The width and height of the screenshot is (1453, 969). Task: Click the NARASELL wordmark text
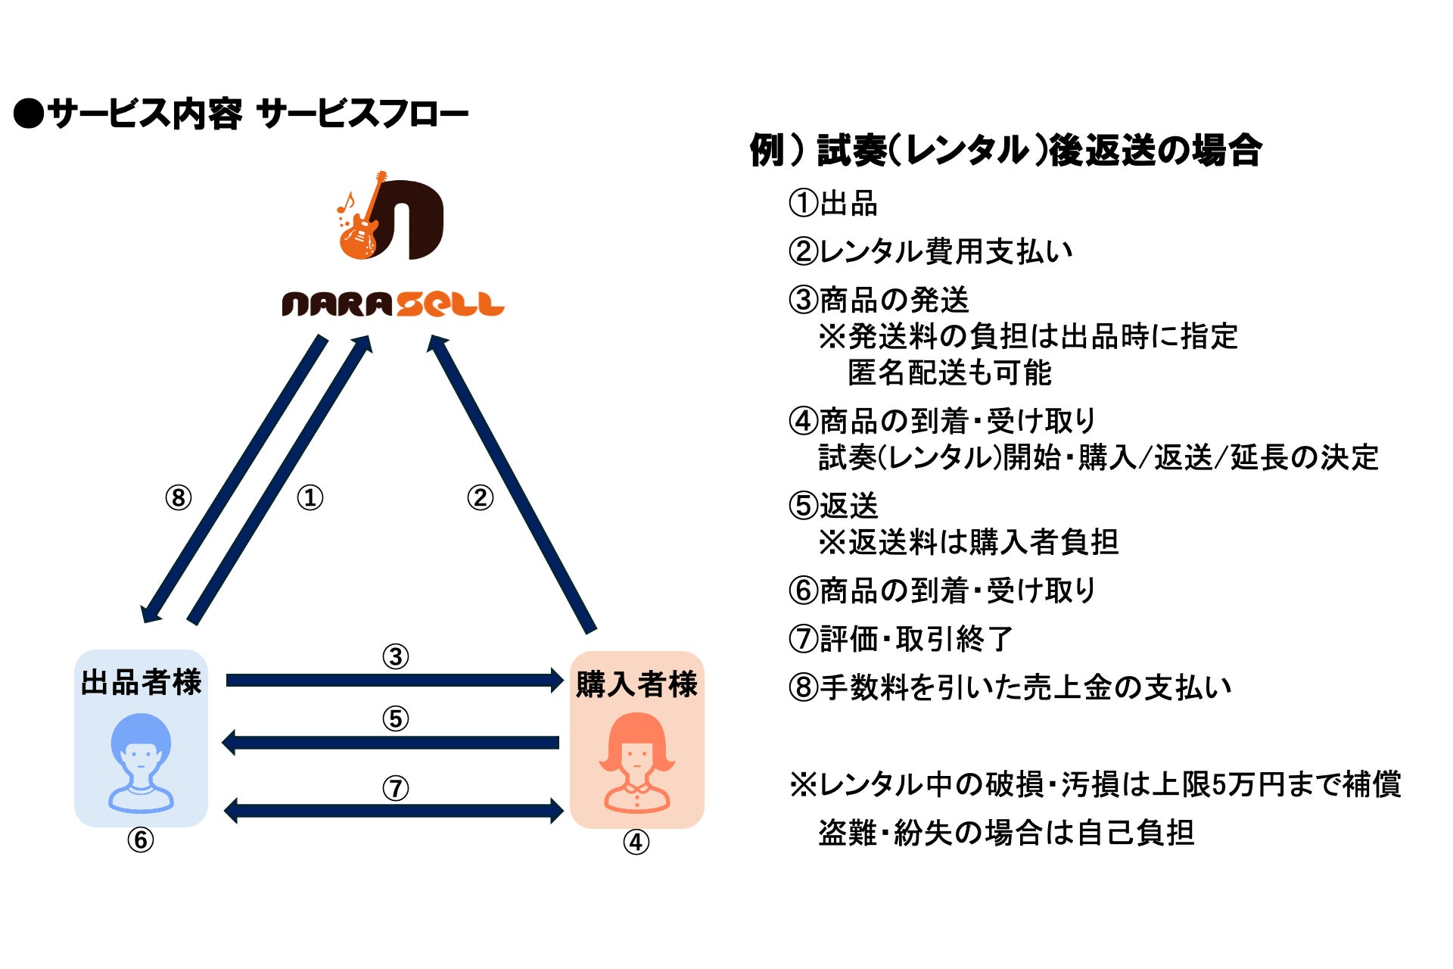[x=393, y=304]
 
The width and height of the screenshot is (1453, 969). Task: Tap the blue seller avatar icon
[x=141, y=762]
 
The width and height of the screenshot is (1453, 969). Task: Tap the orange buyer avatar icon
[x=637, y=763]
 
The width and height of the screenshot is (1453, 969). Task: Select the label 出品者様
[x=141, y=682]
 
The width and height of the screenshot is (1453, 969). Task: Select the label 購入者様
[x=636, y=684]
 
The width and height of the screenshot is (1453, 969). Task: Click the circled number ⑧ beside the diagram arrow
[x=179, y=497]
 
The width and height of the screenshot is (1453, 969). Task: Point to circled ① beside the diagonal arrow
[x=310, y=497]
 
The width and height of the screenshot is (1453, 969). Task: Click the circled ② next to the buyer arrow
[x=480, y=497]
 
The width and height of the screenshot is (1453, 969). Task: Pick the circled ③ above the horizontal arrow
[x=395, y=656]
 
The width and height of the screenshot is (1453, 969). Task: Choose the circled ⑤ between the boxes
[x=395, y=718]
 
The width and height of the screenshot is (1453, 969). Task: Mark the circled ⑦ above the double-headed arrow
[x=395, y=788]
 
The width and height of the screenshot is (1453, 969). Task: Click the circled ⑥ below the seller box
[x=141, y=840]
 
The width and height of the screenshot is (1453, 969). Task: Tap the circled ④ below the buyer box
[x=636, y=842]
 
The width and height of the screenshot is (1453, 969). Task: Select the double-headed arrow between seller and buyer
[x=394, y=811]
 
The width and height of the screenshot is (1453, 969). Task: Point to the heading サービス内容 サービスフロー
[x=242, y=114]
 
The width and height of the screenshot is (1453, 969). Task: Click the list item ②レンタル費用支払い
[x=931, y=251]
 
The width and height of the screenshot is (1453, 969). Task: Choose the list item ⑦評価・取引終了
[x=901, y=639]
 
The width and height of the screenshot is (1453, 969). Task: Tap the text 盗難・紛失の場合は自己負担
[x=1007, y=833]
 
